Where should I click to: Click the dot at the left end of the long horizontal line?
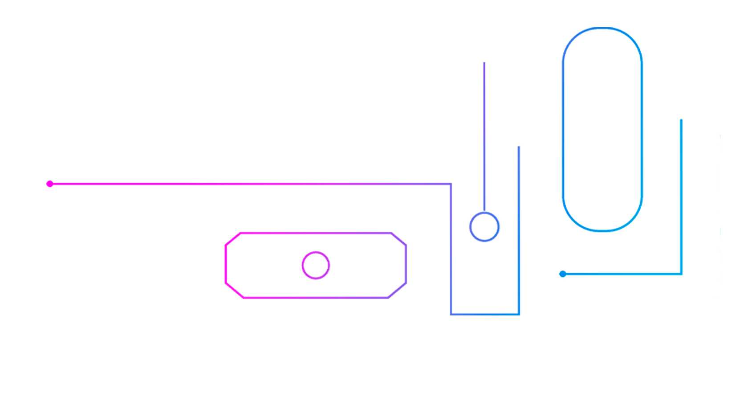50,184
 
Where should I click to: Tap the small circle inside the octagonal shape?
316,265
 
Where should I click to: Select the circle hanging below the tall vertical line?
484,226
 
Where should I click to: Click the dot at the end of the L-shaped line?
563,274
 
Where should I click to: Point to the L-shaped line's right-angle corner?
681,274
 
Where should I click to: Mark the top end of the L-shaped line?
681,119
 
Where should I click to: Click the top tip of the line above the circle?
484,62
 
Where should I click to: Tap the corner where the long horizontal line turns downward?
451,184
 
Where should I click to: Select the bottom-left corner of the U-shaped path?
451,313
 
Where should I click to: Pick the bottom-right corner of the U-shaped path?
519,313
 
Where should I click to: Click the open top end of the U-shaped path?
519,147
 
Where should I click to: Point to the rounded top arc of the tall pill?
602,29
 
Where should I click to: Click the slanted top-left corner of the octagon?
233,239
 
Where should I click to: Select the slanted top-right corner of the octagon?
398,239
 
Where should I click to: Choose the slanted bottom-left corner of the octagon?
234,291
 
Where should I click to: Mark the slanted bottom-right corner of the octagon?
397,291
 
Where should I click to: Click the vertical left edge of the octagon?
226,264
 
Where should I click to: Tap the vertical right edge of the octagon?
406,264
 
